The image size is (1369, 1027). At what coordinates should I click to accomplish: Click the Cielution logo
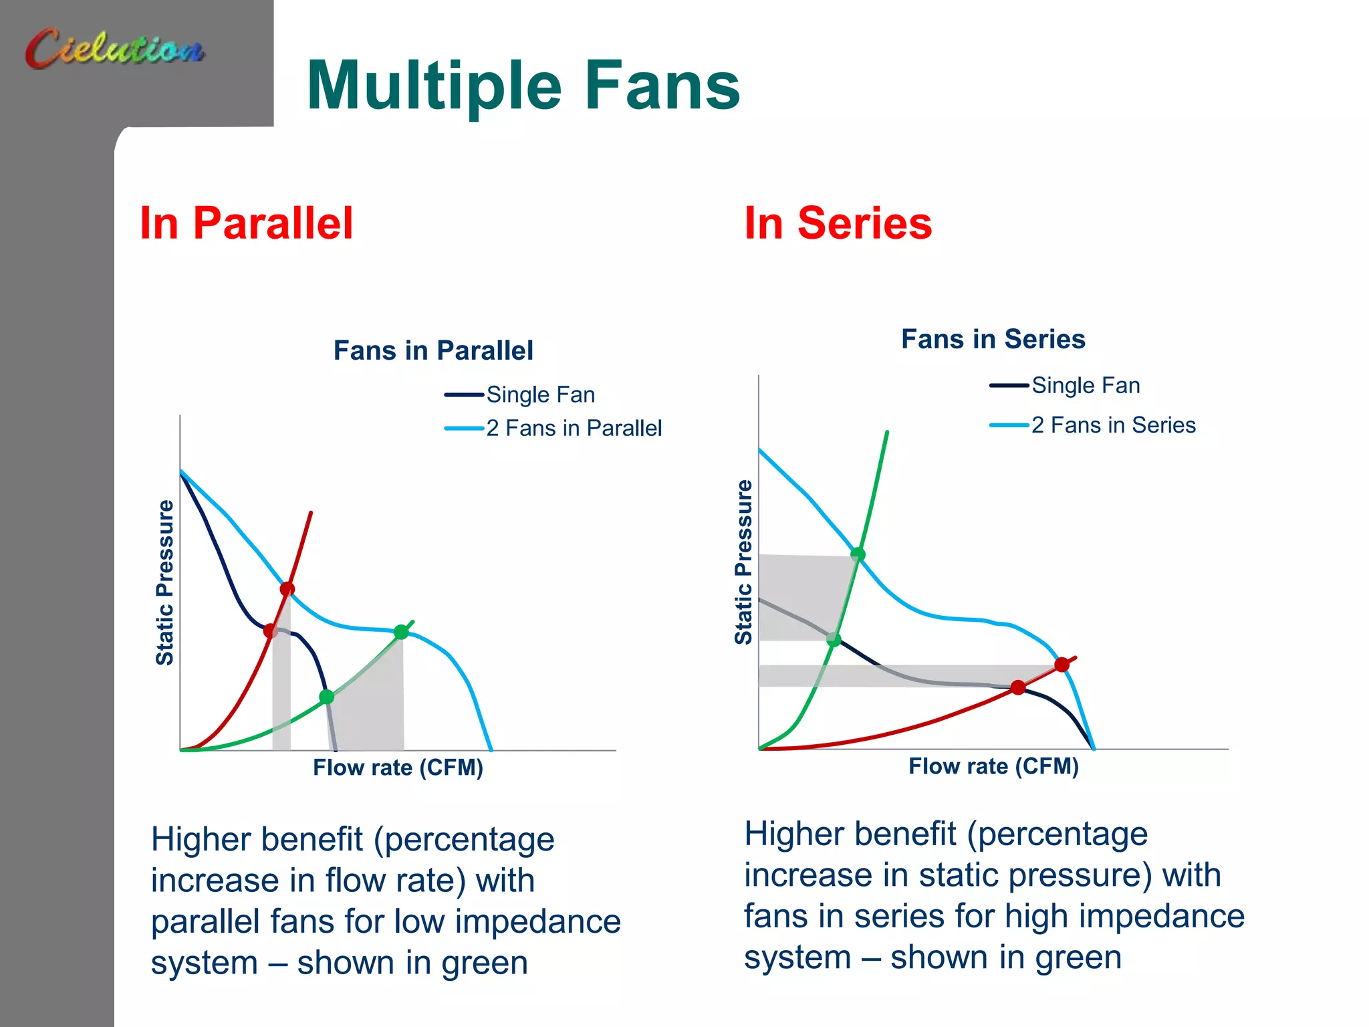(x=115, y=48)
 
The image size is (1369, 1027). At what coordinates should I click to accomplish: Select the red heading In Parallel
(x=246, y=223)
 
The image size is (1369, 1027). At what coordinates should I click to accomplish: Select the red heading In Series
(x=838, y=223)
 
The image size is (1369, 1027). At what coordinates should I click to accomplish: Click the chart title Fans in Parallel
(x=433, y=350)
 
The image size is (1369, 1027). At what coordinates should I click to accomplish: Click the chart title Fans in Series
(x=993, y=339)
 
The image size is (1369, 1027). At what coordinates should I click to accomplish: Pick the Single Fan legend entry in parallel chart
(x=540, y=394)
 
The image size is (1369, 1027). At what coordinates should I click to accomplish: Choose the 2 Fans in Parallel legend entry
(x=573, y=428)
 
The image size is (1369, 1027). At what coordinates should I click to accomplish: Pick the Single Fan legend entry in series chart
(x=1085, y=385)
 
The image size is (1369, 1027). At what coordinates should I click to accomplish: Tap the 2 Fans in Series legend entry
(x=1113, y=425)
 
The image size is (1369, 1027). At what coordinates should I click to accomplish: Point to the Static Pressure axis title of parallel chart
(x=164, y=582)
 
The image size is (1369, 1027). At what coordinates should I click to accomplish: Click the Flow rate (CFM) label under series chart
(x=993, y=766)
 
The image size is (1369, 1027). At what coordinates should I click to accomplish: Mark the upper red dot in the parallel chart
(x=287, y=589)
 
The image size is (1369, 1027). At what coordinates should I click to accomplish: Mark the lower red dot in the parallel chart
(x=270, y=631)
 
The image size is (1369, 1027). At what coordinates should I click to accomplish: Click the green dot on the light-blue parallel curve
(x=401, y=632)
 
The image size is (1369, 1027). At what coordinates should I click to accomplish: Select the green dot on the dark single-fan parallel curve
(x=326, y=697)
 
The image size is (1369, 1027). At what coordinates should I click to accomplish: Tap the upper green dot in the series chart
(x=858, y=554)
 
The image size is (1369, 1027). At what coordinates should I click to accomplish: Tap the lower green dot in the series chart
(x=834, y=640)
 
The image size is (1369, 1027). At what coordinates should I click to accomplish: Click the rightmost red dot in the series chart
(x=1062, y=664)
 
